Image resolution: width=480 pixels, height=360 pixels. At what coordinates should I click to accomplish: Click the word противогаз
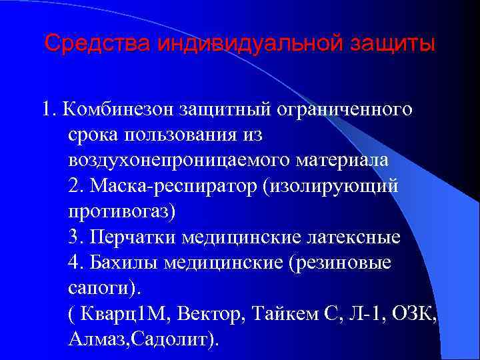click(119, 212)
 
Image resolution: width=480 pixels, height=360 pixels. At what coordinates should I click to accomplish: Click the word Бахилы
click(122, 263)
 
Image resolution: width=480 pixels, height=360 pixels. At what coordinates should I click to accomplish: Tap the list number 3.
click(73, 237)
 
